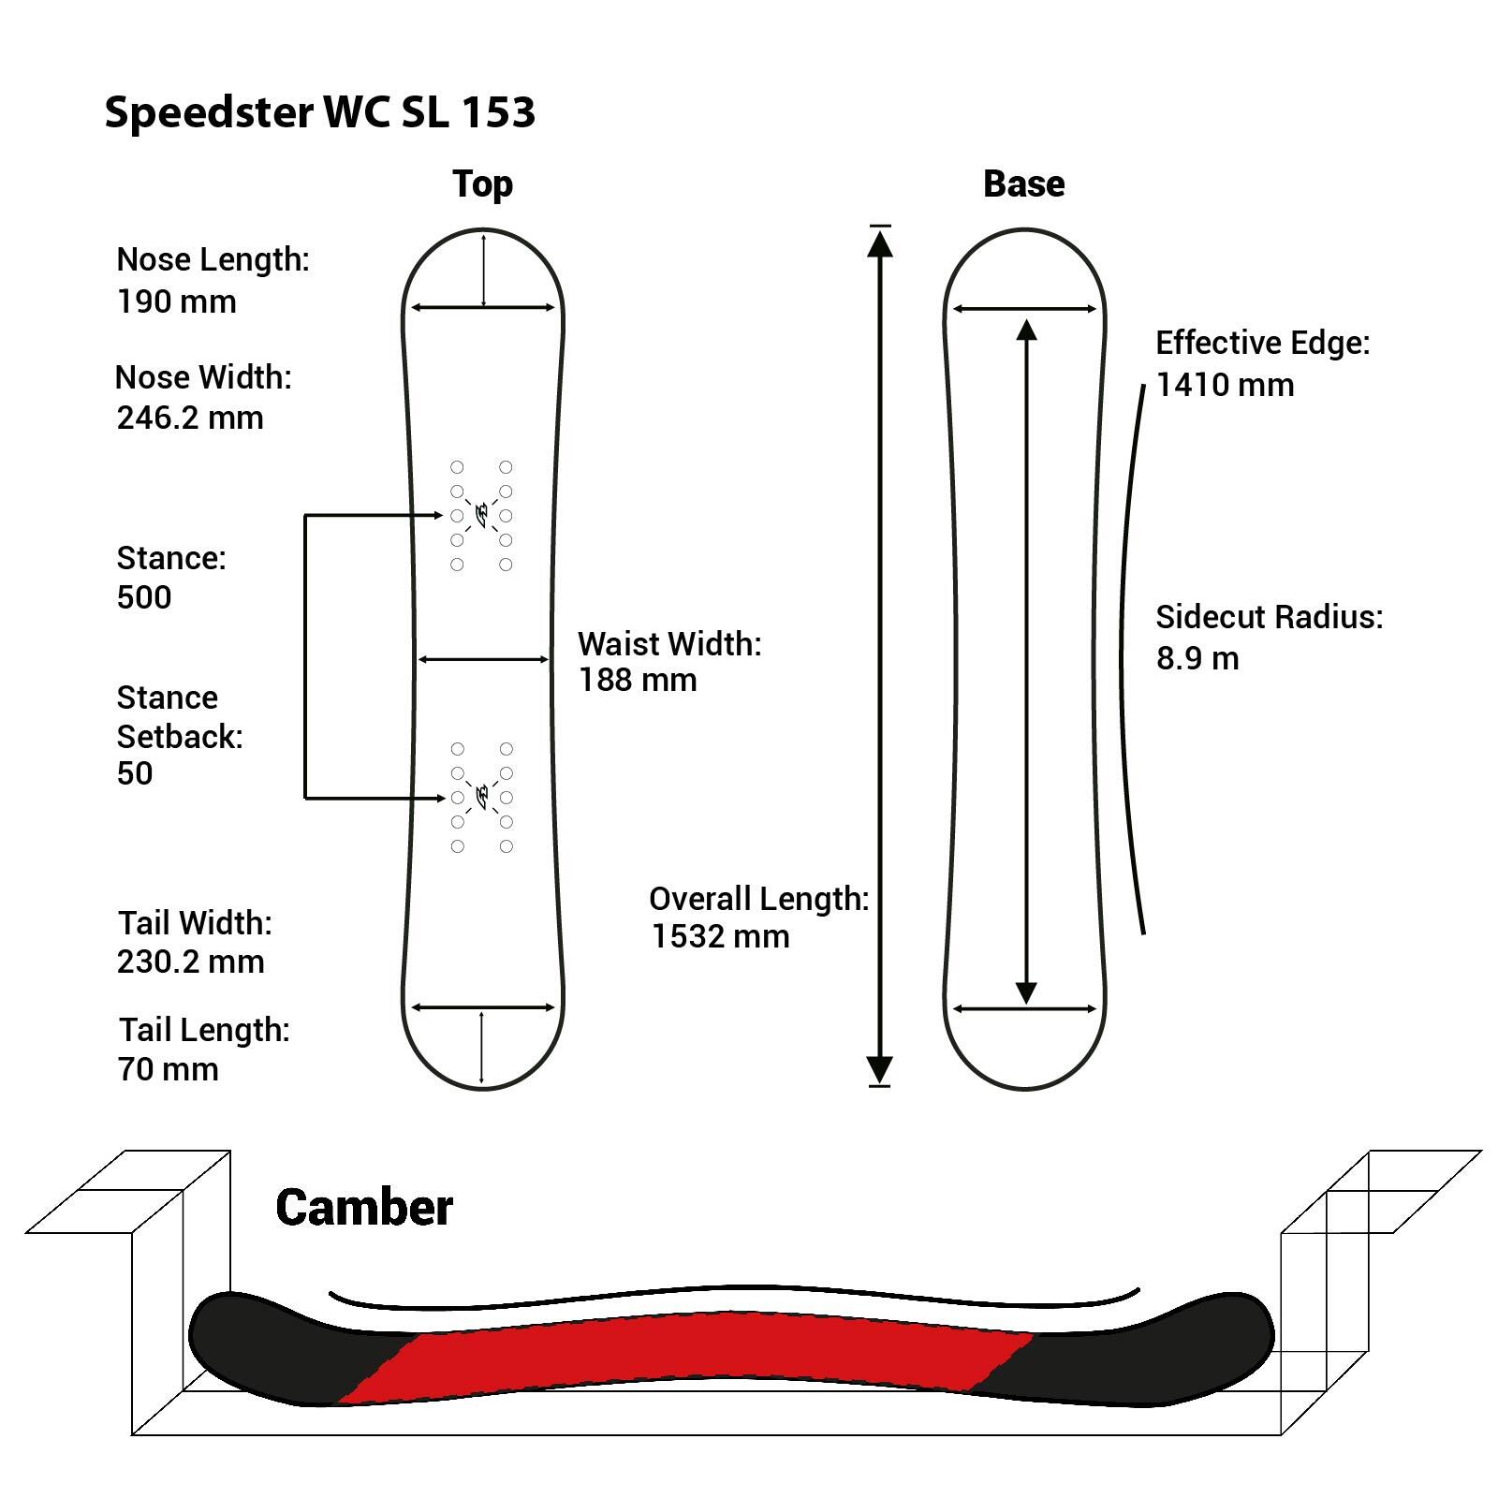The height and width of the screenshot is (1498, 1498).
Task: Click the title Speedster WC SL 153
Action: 319,112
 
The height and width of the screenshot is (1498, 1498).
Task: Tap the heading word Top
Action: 482,184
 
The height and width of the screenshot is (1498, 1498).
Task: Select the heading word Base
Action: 1023,184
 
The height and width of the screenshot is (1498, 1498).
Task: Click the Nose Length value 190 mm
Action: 176,301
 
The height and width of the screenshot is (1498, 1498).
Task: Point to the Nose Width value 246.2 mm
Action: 190,418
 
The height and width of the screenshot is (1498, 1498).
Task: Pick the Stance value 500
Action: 144,597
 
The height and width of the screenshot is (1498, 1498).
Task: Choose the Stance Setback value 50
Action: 135,773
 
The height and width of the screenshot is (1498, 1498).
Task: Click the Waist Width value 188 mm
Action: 637,680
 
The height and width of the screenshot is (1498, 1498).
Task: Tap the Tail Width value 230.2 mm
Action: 190,962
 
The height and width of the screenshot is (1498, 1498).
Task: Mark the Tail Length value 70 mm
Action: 168,1069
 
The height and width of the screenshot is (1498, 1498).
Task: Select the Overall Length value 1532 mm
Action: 720,936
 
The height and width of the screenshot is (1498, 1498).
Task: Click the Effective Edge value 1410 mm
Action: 1225,385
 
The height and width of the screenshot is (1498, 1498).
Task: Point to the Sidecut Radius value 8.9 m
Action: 1197,658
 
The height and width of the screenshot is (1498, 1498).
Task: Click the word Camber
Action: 363,1208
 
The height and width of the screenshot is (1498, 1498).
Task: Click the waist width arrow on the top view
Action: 483,659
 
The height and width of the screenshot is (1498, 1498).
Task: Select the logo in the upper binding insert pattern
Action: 482,515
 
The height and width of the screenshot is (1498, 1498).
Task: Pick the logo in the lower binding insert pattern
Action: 482,797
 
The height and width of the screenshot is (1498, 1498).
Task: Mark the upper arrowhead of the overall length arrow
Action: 879,242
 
